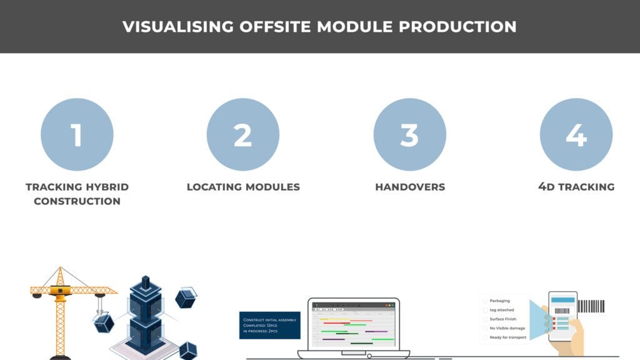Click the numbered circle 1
coord(77,134)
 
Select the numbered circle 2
coord(242,134)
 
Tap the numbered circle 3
coord(409,134)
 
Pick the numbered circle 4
coord(576,134)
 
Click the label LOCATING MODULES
coord(243,187)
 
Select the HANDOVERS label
coord(410,187)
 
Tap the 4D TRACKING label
coord(576,187)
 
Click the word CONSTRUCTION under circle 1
coord(77,201)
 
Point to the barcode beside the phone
coord(591,306)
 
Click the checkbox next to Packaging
coord(485,301)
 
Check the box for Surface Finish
coord(485,319)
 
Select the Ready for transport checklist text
coord(507,337)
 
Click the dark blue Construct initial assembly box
coord(269,325)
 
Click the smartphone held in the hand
coord(562,316)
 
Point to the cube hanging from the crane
coord(104,322)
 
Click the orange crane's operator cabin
coord(59,291)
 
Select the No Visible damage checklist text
coord(507,328)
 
